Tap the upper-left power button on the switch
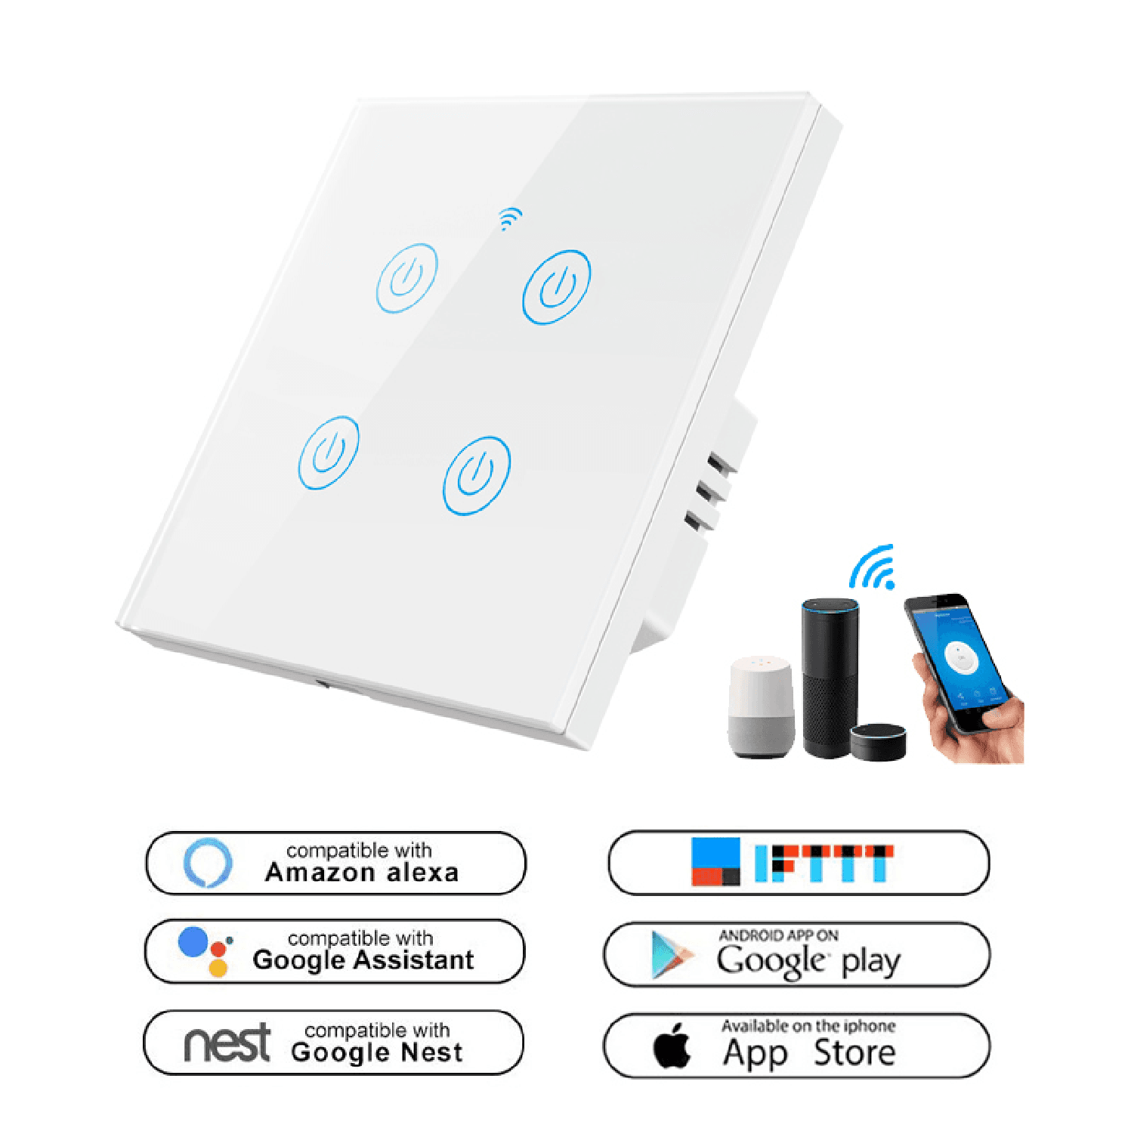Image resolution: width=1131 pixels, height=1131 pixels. click(406, 278)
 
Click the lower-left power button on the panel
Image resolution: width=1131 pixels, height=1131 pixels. click(329, 452)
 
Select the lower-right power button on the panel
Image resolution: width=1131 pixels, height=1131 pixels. click(477, 475)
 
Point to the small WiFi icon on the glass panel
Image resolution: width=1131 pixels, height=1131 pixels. click(510, 218)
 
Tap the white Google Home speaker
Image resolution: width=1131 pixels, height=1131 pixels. click(762, 706)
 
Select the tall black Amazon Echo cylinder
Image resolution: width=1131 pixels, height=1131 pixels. click(830, 676)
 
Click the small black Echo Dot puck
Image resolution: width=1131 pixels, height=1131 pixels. click(878, 741)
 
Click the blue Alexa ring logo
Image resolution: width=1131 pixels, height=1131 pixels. click(208, 862)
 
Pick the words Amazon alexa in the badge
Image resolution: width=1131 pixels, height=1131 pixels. click(362, 873)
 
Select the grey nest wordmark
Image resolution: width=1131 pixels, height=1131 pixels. click(227, 1043)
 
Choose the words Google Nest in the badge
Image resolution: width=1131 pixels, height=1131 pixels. click(377, 1052)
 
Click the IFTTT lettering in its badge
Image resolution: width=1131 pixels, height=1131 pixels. click(824, 864)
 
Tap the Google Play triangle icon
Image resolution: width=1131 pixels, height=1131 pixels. click(670, 955)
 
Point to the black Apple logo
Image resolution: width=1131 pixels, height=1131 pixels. click(672, 1046)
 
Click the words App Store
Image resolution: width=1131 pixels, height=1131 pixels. click(809, 1052)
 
